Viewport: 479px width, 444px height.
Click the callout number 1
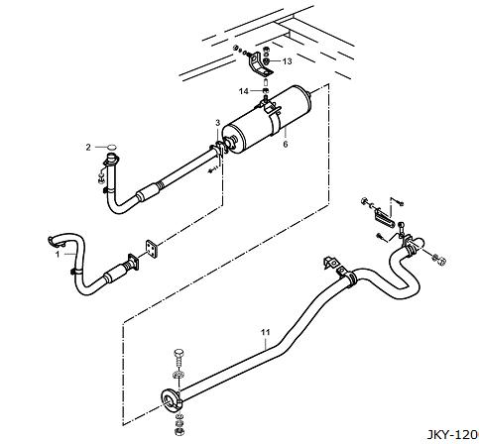click(x=58, y=255)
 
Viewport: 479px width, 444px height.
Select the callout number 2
click(x=88, y=147)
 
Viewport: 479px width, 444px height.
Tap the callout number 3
click(x=217, y=123)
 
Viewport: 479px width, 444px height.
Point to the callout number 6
click(x=286, y=144)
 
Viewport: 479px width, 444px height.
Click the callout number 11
click(x=266, y=332)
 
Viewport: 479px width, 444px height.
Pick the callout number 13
click(x=288, y=61)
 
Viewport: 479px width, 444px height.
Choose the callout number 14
click(x=244, y=91)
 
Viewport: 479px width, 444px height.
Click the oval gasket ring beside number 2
click(x=112, y=147)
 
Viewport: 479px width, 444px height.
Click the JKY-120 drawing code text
click(x=452, y=435)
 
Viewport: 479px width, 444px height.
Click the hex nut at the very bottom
click(x=179, y=431)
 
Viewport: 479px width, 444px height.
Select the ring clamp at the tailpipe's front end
click(x=171, y=398)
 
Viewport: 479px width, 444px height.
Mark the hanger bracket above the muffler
click(x=259, y=64)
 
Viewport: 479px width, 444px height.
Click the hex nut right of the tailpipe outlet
click(x=440, y=260)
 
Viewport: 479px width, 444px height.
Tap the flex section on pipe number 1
click(x=128, y=266)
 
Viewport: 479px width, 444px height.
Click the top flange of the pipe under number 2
click(x=110, y=160)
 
